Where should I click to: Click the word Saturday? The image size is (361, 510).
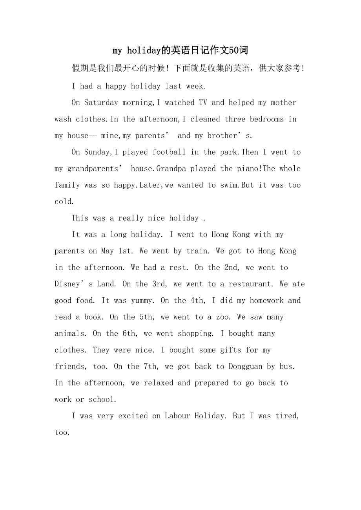[101, 103]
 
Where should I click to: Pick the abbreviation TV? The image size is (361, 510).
[203, 103]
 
